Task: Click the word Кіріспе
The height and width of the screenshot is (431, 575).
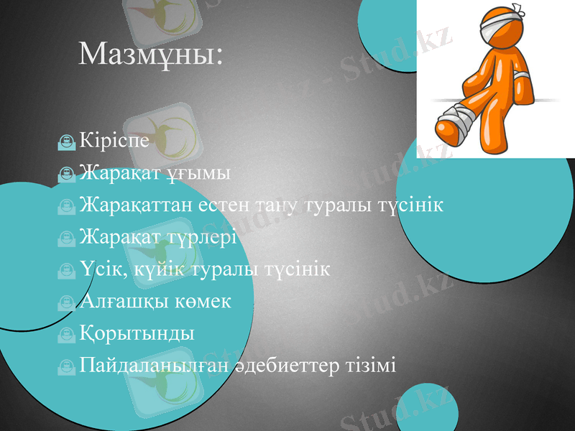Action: (115, 139)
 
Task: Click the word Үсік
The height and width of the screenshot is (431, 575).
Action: (101, 269)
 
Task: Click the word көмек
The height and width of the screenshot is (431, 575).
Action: (203, 302)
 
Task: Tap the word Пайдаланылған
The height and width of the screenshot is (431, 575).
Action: (155, 366)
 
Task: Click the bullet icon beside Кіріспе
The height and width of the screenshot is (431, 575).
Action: (67, 142)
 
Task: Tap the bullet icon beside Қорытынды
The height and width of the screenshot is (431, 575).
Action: (67, 335)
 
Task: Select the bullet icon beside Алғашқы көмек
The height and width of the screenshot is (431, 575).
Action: (67, 303)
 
